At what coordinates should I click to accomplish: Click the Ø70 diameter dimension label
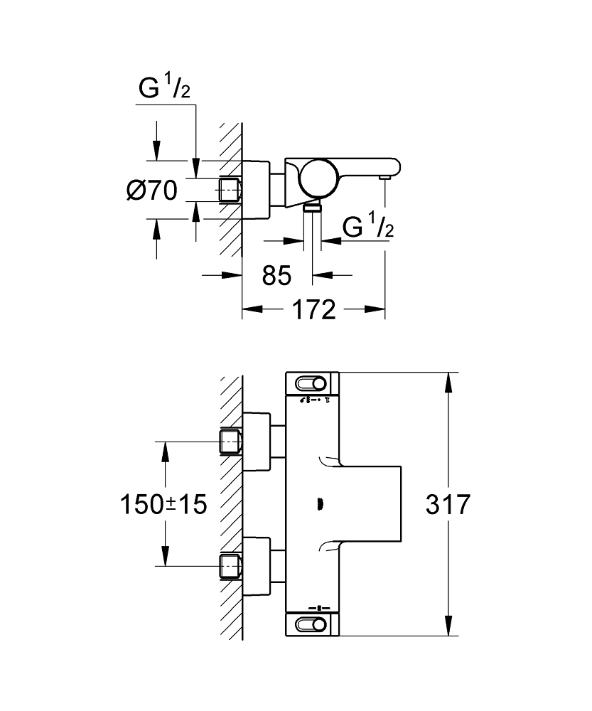[x=151, y=191]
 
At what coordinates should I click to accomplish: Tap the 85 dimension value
[x=276, y=275]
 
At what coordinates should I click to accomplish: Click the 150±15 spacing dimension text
[x=163, y=505]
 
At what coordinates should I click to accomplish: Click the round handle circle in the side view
[x=317, y=180]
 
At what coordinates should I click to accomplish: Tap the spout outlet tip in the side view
[x=385, y=176]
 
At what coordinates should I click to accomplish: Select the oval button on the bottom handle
[x=312, y=624]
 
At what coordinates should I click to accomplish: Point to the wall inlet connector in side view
[x=229, y=190]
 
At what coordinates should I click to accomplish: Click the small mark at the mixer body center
[x=318, y=505]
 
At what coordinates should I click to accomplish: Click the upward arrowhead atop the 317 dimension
[x=448, y=382]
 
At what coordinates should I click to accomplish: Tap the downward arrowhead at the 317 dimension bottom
[x=448, y=626]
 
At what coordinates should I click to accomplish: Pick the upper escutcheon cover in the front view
[x=257, y=442]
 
